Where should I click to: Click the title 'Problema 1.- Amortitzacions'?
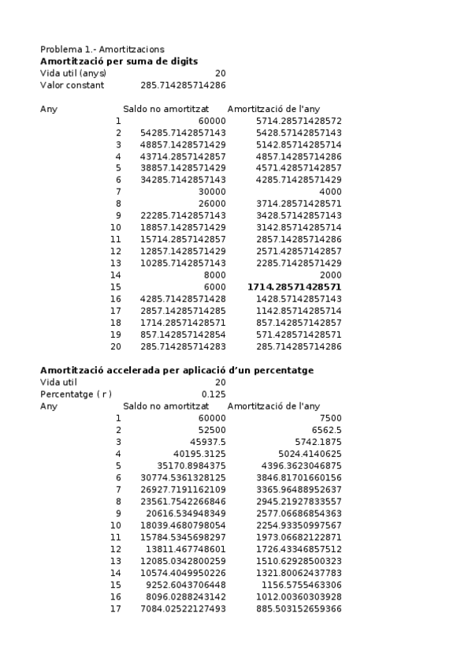(102, 49)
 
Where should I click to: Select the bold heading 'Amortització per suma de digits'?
(119, 61)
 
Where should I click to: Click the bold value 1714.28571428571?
(294, 286)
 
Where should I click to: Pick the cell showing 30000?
(211, 192)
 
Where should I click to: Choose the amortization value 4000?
(330, 192)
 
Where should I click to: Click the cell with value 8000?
(214, 275)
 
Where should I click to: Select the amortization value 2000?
(330, 275)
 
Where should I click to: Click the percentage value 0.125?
(214, 394)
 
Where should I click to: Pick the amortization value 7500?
(330, 418)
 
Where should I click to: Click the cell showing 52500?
(211, 430)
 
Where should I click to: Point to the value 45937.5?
(206, 442)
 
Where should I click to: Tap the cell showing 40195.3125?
(200, 454)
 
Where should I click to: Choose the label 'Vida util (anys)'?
(73, 73)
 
